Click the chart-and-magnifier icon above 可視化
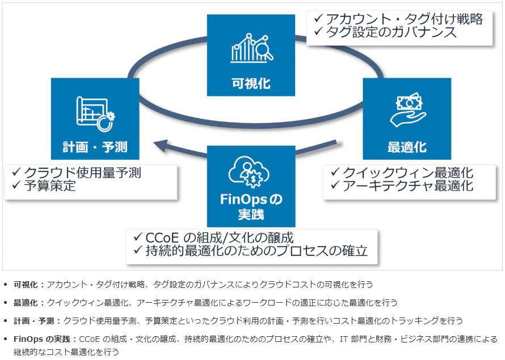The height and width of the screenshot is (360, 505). point(252,48)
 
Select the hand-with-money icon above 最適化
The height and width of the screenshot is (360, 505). point(408,110)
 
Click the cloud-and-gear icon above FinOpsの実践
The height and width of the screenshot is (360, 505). point(249,171)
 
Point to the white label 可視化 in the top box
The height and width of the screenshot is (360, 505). point(251,84)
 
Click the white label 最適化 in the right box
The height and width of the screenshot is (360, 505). point(407,147)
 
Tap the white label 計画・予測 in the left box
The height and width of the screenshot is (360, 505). point(95,147)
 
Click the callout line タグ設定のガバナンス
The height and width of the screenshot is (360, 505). point(392,32)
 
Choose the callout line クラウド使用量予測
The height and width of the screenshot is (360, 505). point(82,173)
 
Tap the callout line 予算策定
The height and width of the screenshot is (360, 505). point(50,185)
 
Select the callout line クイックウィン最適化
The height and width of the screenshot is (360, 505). point(407,173)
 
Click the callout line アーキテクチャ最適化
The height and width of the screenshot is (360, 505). point(407,185)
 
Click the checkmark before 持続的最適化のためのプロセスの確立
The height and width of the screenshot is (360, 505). point(138,249)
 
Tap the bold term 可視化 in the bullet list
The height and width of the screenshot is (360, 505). point(26,285)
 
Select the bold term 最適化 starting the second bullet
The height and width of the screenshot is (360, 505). point(26,303)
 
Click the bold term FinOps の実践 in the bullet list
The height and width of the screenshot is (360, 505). point(41,339)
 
